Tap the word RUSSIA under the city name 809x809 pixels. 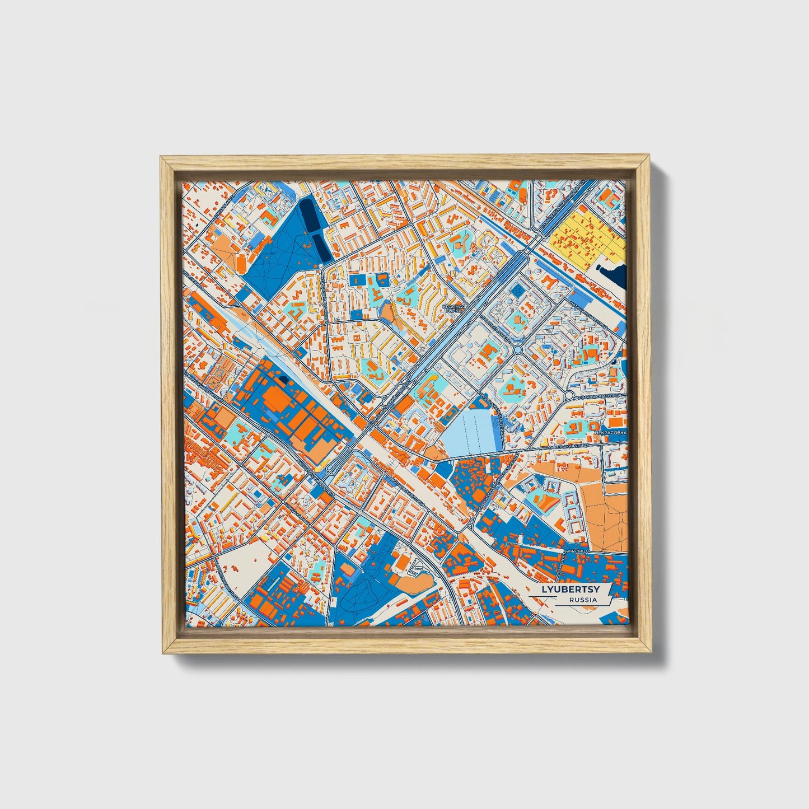[x=582, y=600]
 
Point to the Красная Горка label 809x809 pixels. [x=453, y=308]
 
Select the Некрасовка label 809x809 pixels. [x=611, y=432]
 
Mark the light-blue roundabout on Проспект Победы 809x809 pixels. [x=518, y=349]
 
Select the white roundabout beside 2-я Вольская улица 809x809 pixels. [x=569, y=395]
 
